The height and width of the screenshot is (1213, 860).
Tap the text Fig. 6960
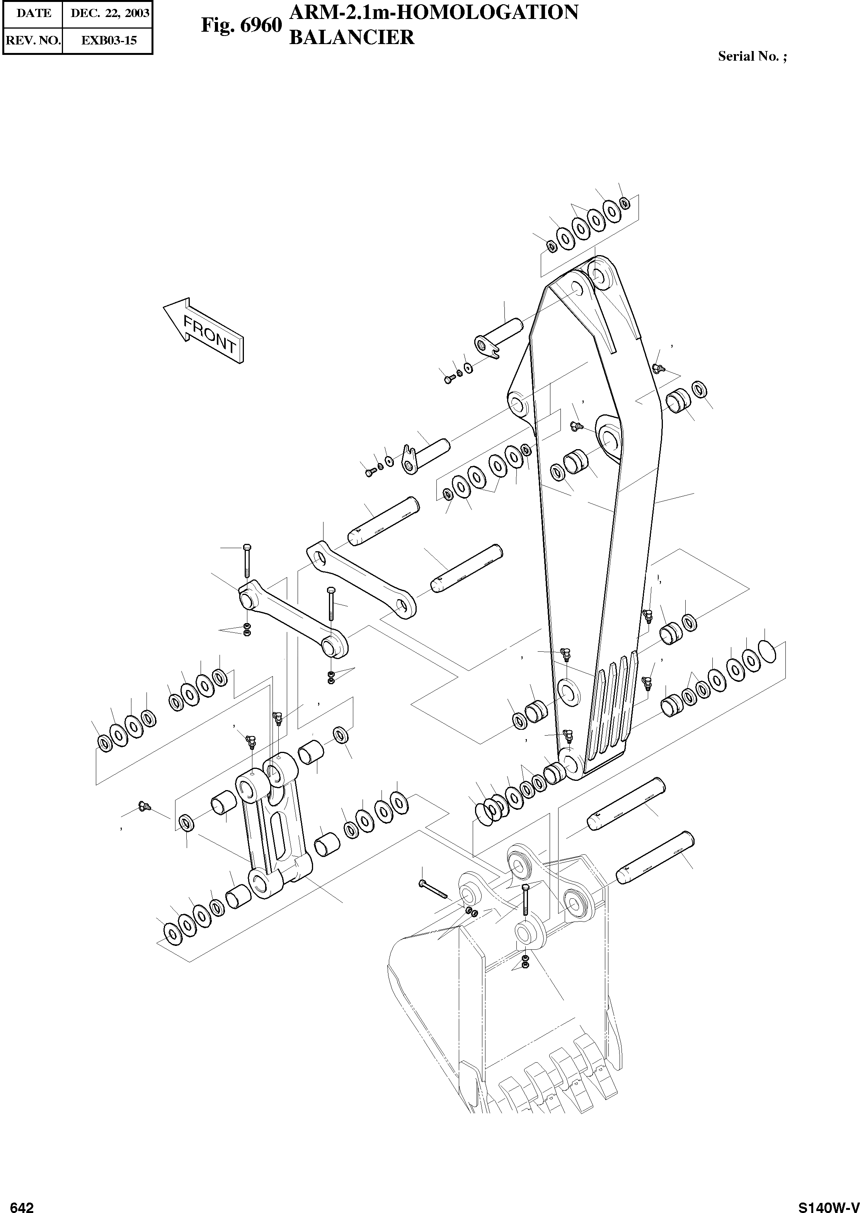tap(241, 24)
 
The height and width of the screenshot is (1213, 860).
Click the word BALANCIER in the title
tap(352, 37)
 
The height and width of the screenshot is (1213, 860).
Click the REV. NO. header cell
tap(33, 40)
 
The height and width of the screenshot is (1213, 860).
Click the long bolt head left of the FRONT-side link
tap(246, 547)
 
